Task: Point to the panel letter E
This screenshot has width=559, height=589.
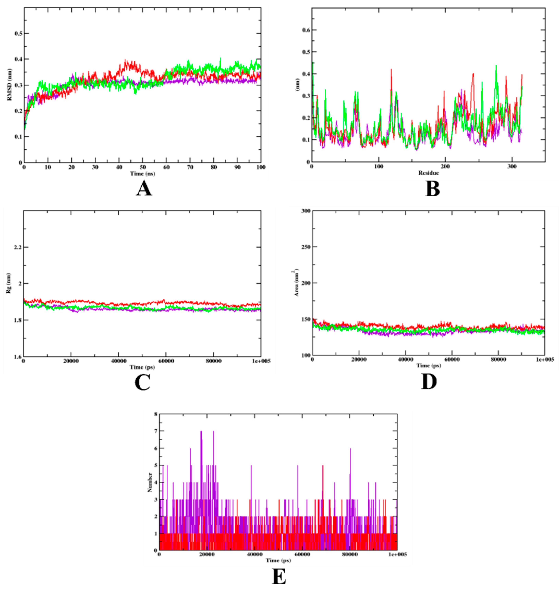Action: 279,577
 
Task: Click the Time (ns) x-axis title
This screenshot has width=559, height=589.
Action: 142,174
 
